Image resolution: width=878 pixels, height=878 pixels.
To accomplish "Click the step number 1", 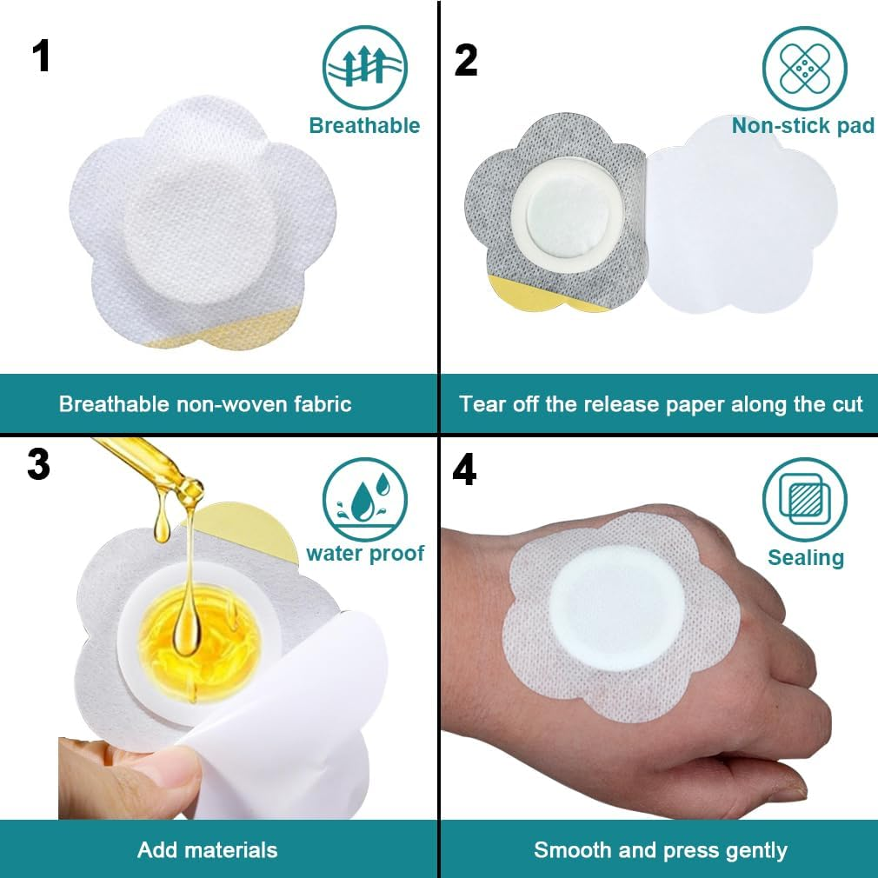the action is [41, 57].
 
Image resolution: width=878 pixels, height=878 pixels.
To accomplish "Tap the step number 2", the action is [466, 60].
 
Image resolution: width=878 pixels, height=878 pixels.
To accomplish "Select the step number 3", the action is [38, 465].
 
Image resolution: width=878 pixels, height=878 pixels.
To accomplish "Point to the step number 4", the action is [464, 469].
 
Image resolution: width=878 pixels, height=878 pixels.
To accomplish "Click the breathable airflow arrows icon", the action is [364, 67].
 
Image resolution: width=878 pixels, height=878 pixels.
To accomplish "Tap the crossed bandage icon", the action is [805, 69].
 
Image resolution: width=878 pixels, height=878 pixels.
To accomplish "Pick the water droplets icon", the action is [364, 500].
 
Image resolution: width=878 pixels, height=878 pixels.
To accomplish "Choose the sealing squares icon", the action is [805, 500].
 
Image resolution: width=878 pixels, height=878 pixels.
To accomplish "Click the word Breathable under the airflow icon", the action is [364, 125].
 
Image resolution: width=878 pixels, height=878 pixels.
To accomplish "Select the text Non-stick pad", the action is [803, 125].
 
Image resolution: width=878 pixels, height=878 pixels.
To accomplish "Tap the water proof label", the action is [365, 554].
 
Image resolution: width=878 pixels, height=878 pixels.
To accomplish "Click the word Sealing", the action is [806, 558].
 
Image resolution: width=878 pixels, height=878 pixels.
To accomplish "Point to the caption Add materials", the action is [207, 850].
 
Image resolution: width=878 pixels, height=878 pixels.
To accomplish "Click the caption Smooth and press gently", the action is [661, 850].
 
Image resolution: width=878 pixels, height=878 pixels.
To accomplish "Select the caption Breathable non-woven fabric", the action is [205, 404].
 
